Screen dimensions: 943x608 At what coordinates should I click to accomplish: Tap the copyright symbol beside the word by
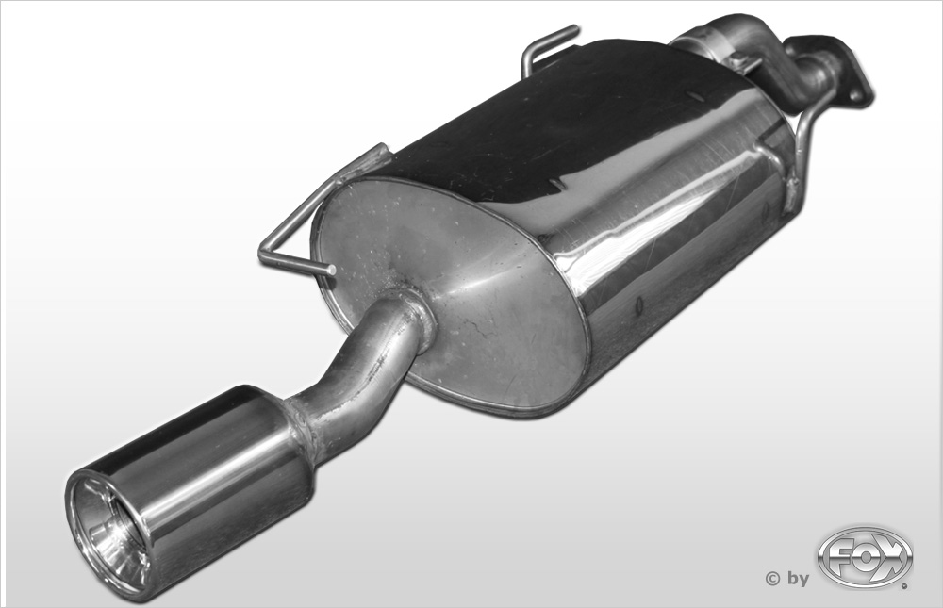coord(772,579)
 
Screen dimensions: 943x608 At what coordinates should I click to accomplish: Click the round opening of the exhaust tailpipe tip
coord(109,528)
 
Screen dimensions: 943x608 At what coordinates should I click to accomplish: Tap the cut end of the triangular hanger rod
coord(331,270)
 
